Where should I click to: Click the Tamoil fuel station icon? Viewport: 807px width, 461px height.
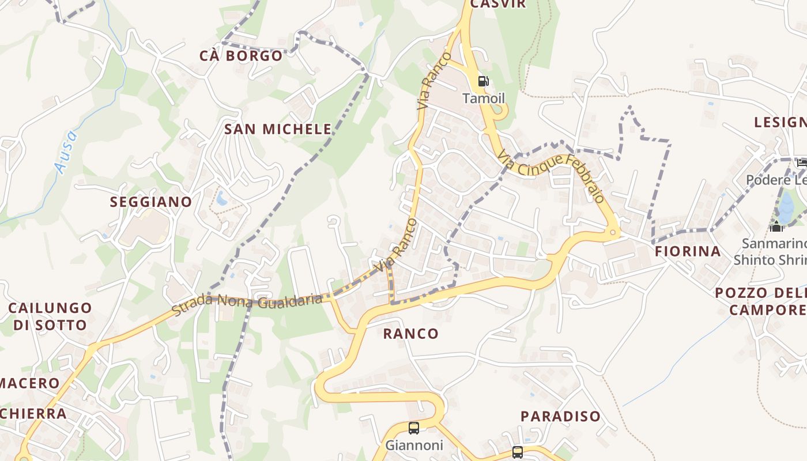[483, 81]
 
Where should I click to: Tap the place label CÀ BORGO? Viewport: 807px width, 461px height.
[241, 56]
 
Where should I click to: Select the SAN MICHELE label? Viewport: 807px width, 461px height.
[278, 129]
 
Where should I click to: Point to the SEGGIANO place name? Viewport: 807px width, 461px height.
[150, 202]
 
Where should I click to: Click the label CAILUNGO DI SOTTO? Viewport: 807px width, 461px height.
[50, 316]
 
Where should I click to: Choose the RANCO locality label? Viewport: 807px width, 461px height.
[410, 334]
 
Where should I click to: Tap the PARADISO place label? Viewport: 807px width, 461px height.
[560, 416]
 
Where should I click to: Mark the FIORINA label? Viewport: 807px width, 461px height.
[688, 251]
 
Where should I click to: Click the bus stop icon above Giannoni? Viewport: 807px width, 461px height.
[413, 428]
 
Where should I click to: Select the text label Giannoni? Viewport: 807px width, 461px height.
[414, 445]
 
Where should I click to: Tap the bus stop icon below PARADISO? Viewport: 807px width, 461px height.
[517, 452]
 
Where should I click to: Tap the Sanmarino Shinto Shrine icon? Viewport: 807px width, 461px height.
[776, 226]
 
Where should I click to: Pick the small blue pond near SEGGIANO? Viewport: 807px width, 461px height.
[221, 199]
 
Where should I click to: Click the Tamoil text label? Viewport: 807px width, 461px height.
[483, 99]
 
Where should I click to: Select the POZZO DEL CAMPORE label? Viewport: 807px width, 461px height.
[761, 301]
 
